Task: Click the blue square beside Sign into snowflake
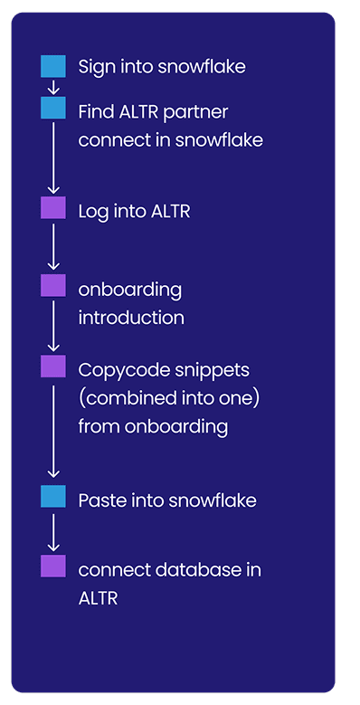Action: [x=53, y=66]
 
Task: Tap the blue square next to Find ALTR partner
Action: [x=53, y=109]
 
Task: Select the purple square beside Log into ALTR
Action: [x=53, y=207]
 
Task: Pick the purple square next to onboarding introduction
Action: [x=53, y=285]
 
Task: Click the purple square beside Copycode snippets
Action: [x=53, y=366]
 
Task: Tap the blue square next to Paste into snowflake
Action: [x=53, y=495]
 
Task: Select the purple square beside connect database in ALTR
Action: [x=53, y=566]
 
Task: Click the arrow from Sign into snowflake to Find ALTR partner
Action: [x=53, y=87]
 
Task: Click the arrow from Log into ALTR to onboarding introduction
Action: [x=53, y=245]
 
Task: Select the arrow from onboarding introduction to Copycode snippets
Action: [x=53, y=325]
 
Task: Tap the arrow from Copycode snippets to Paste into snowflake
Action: [x=53, y=430]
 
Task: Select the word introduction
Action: [x=131, y=318]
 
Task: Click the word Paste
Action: [x=99, y=500]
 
